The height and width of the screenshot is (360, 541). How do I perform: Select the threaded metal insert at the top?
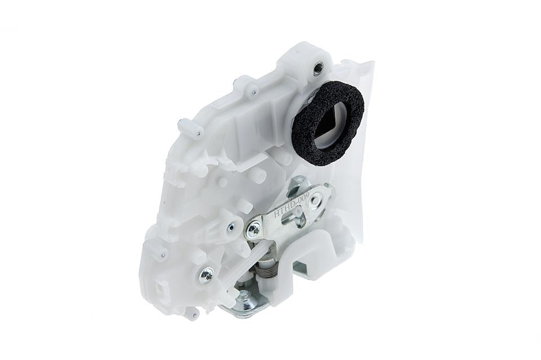[x=318, y=69]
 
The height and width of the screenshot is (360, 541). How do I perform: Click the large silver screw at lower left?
[x=207, y=274]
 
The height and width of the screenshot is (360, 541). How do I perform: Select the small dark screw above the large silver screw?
[x=230, y=228]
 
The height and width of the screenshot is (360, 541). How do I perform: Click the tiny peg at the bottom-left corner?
[x=191, y=313]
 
